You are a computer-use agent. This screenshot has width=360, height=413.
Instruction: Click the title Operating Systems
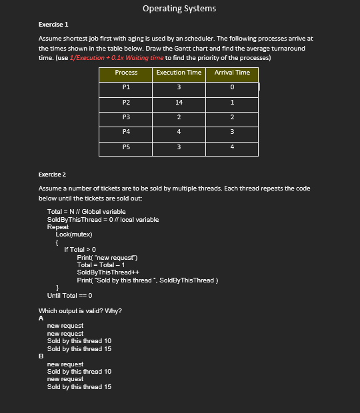click(179, 9)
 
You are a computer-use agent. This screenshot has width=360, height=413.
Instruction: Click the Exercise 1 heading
click(53, 24)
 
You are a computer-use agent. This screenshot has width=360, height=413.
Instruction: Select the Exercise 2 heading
click(53, 175)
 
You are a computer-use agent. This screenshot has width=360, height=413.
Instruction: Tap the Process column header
click(126, 73)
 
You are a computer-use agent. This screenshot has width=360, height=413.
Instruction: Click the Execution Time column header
click(179, 73)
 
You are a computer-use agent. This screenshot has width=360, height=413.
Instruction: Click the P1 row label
click(126, 87)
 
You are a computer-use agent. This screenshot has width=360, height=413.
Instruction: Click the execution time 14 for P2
click(179, 102)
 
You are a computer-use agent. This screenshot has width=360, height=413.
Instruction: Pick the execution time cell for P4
click(179, 132)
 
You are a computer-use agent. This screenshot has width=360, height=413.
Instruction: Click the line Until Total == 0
click(69, 294)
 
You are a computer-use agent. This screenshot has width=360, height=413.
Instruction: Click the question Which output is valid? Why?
click(80, 310)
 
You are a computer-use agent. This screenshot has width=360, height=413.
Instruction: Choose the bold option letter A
click(41, 318)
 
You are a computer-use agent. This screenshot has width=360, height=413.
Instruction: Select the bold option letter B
click(41, 356)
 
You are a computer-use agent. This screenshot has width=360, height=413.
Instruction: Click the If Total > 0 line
click(80, 249)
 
